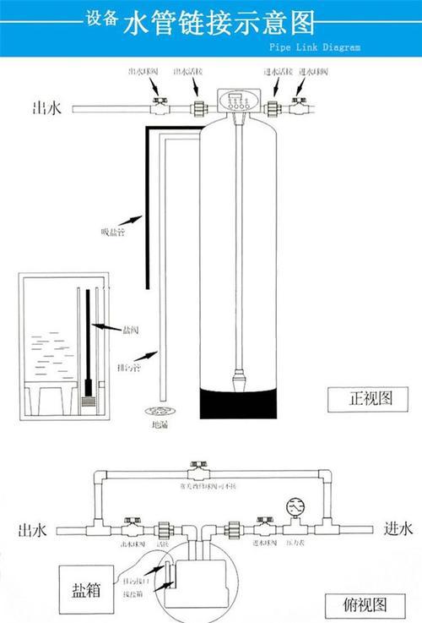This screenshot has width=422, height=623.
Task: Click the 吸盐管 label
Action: [111, 233]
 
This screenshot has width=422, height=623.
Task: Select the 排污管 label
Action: [129, 369]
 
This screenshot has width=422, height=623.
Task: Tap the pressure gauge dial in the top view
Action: [295, 508]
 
